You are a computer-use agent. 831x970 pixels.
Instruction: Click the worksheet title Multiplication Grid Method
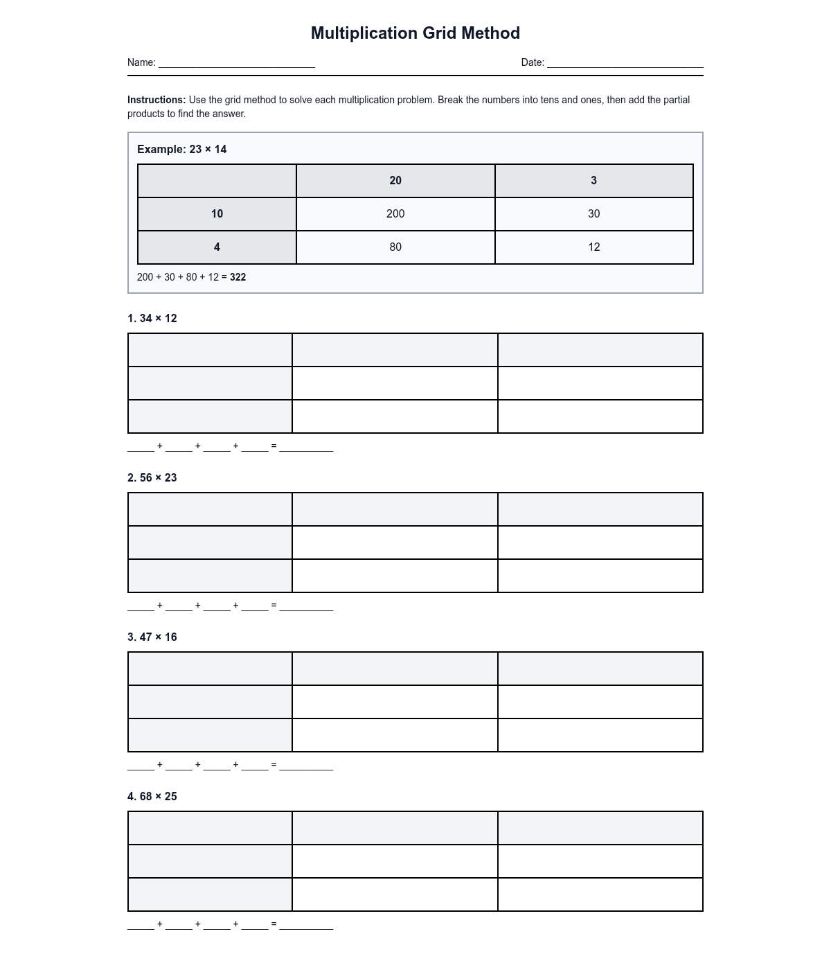point(415,33)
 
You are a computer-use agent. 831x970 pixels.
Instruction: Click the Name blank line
point(237,64)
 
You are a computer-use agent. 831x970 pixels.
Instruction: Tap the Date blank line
point(625,64)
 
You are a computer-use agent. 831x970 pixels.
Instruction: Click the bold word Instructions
point(157,100)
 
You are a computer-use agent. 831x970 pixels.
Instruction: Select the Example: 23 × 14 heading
point(182,150)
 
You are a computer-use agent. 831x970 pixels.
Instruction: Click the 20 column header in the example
point(395,181)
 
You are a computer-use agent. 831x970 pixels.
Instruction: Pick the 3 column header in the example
point(593,181)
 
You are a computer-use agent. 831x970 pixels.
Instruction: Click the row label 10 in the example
point(217,214)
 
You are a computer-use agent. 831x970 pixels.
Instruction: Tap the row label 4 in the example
point(217,247)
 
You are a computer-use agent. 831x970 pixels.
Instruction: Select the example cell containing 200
point(395,214)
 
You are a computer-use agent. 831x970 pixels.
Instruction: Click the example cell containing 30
point(593,214)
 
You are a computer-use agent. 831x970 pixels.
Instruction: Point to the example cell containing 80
point(395,247)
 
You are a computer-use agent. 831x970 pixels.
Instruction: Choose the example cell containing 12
point(593,247)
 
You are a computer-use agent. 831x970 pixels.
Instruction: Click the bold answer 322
point(238,277)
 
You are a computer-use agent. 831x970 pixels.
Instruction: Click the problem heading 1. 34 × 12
point(152,319)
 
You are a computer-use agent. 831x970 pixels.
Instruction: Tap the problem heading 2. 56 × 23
point(152,478)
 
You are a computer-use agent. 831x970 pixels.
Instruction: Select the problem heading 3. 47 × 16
point(152,637)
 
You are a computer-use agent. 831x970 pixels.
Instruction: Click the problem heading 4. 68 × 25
point(152,797)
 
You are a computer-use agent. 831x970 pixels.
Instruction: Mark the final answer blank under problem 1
point(306,448)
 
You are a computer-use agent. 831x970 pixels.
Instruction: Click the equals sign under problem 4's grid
point(274,924)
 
